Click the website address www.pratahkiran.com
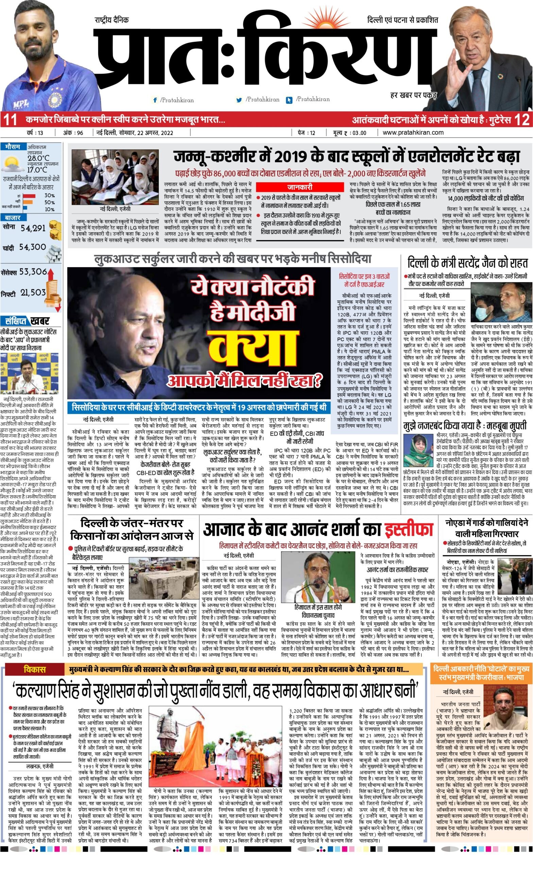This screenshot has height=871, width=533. pos(413,133)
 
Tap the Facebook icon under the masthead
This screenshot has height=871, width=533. pos(155,100)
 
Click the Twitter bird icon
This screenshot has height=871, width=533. pos(239,100)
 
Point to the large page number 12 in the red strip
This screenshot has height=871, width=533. pos(522,119)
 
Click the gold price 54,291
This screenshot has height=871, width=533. pos(33,228)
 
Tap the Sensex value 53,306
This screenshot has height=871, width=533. pos(33,272)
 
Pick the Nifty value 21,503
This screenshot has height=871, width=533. pos(33,292)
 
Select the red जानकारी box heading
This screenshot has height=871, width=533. pos(299,187)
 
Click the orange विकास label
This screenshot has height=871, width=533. pos(35,660)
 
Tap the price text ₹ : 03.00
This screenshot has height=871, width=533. pos(355,133)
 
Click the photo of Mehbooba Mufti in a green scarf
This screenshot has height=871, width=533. pos(418,450)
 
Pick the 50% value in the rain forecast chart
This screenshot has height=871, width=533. pos(49,202)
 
